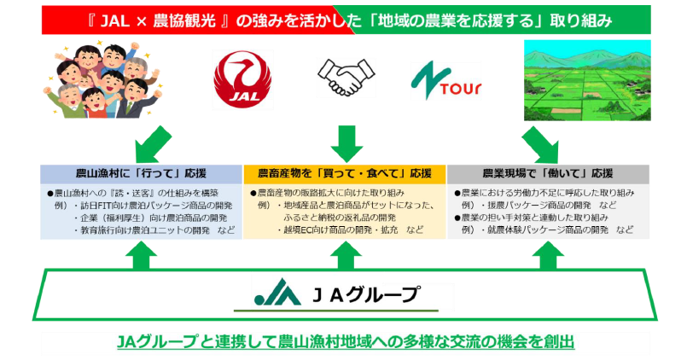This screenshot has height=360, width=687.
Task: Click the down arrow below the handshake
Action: (x=344, y=142)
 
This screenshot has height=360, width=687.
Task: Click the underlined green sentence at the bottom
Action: (x=345, y=341)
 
